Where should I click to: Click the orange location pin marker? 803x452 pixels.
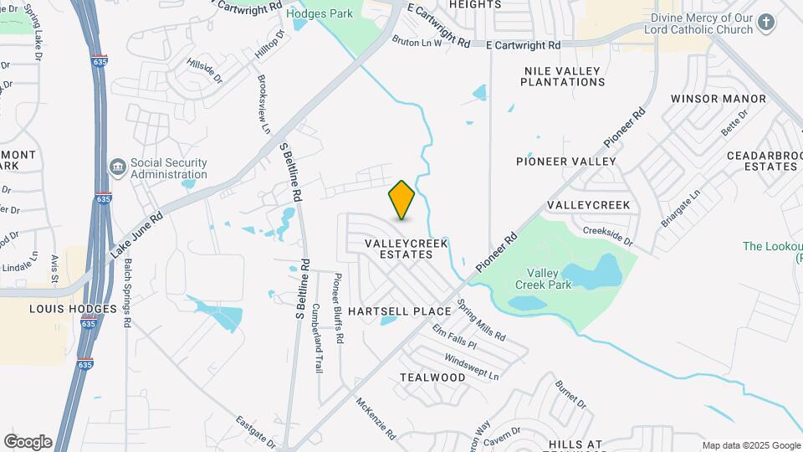point(401,200)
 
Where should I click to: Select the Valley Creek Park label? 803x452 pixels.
point(549,279)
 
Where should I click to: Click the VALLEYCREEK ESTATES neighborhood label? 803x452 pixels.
point(407,249)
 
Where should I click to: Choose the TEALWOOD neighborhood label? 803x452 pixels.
point(432,378)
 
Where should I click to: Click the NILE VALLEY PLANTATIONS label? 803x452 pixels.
point(562,77)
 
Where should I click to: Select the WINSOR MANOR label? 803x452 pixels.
point(718,99)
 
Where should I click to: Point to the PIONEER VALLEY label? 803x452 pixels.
point(565,162)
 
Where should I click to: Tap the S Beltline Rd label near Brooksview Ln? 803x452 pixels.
point(289,172)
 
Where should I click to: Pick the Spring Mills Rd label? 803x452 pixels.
point(481,321)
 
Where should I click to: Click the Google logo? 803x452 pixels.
point(28,441)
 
